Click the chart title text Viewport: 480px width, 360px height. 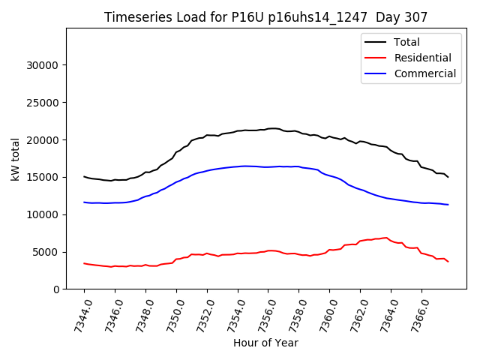(x=265, y=17)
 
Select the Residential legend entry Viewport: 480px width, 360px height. (x=422, y=58)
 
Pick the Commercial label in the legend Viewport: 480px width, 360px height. (x=424, y=73)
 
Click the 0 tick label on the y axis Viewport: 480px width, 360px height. (x=56, y=289)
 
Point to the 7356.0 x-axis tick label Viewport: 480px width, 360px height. (x=262, y=313)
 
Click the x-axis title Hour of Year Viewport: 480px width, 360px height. (x=265, y=343)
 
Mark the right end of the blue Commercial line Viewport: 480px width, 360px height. (x=448, y=205)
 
